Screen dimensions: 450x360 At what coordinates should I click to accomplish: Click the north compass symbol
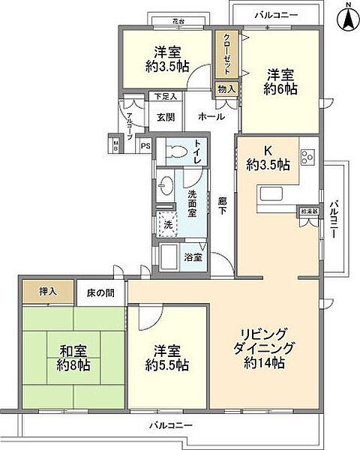(x=347, y=18)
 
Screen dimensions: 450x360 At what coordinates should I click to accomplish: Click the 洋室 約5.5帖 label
(x=166, y=357)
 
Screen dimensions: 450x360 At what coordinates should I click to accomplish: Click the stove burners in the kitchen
(x=308, y=157)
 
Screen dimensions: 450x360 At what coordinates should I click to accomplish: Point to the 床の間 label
(x=100, y=289)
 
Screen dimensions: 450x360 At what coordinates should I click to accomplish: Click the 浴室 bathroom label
(x=192, y=257)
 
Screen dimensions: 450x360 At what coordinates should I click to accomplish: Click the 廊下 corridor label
(x=223, y=205)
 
